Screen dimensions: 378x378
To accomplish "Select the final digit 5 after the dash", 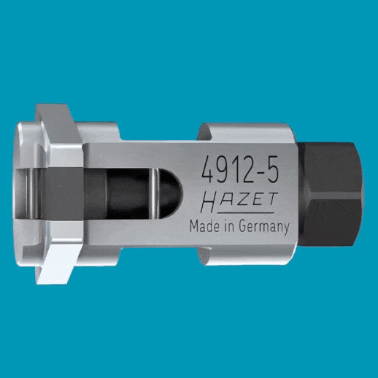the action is click(x=272, y=169).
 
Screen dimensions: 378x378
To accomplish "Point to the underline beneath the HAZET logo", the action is click(x=245, y=212).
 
